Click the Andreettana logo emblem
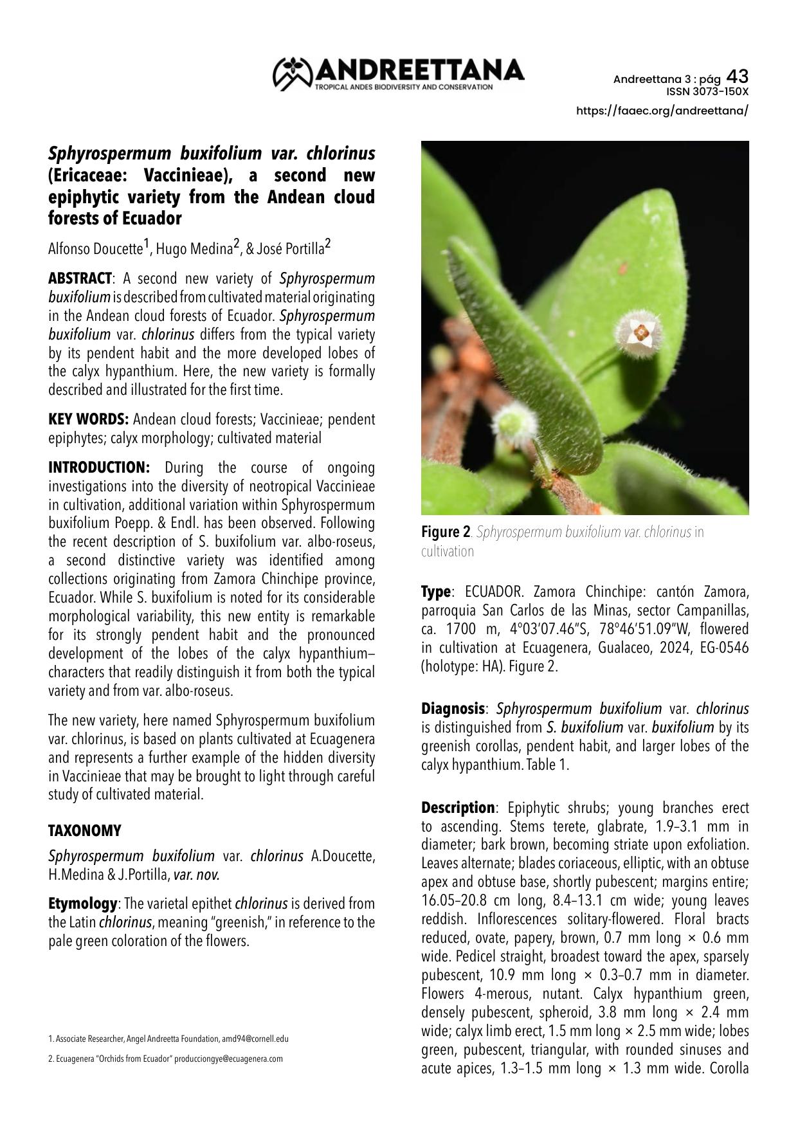292,73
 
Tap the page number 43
737,77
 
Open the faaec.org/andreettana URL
662,111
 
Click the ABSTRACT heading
80,278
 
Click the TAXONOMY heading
85,831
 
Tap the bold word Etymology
82,904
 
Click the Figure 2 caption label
446,532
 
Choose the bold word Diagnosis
453,709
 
